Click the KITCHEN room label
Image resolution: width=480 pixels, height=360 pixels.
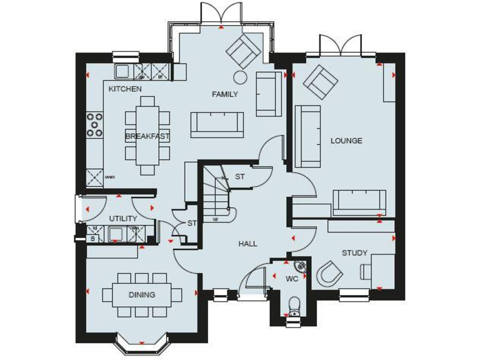tap(125, 89)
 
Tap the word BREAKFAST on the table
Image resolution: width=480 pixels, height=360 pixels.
tap(147, 136)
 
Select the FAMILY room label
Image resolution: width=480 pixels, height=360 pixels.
tap(225, 94)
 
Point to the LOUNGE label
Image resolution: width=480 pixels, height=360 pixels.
tap(346, 141)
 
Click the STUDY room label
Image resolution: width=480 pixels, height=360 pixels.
tap(354, 253)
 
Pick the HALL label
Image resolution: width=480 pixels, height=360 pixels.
tap(247, 244)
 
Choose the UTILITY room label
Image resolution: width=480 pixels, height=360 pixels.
tap(123, 219)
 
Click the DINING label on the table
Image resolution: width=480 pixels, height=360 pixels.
tap(142, 295)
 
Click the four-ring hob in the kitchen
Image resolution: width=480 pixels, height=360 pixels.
tap(95, 124)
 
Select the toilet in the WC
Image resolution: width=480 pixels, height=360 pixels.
tap(292, 306)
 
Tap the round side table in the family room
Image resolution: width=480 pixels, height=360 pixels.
tap(240, 76)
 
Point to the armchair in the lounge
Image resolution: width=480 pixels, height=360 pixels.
tap(319, 81)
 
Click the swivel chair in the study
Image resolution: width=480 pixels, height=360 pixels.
tap(329, 273)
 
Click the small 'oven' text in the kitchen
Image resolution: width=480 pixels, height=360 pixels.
tap(110, 176)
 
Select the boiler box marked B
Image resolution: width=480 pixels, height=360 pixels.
tap(93, 238)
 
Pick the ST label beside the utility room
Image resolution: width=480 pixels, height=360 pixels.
tap(192, 223)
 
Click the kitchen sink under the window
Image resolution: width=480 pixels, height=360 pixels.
tap(121, 70)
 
